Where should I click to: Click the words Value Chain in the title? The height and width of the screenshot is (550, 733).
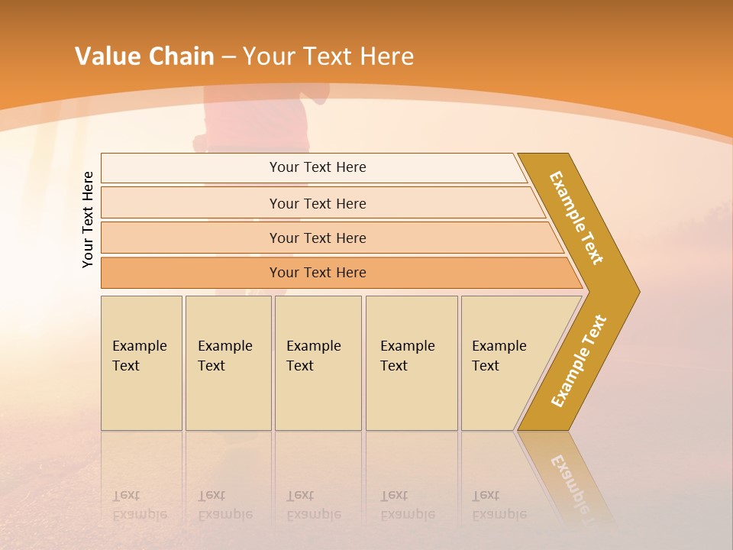tap(144, 57)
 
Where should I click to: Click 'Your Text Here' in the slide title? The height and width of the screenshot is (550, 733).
tap(328, 57)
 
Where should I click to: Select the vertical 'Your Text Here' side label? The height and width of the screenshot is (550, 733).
tap(88, 219)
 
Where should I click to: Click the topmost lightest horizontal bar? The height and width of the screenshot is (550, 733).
tap(317, 167)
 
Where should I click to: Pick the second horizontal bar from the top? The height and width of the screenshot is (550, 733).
tap(317, 203)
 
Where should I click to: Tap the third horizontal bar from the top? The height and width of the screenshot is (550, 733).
tap(317, 238)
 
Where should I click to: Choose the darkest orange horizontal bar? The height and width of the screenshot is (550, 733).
tap(317, 273)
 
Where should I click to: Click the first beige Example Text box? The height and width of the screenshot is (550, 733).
tap(141, 363)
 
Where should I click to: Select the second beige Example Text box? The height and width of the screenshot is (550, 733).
tap(228, 363)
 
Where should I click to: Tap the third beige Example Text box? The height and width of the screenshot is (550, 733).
tap(317, 363)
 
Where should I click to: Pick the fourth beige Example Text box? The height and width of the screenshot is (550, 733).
tap(411, 363)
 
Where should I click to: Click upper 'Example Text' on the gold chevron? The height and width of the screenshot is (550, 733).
tap(576, 218)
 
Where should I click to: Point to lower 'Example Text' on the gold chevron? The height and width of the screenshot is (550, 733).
tap(578, 361)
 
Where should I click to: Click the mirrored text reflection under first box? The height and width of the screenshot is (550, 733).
tap(139, 505)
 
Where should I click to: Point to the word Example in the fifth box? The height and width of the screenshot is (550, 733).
tap(499, 346)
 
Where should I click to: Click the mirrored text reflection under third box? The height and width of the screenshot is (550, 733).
tap(313, 505)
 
